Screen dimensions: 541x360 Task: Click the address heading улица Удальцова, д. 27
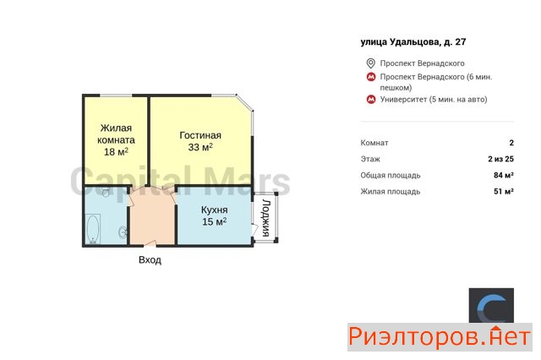[413, 42]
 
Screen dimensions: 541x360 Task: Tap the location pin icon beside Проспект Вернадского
[370, 63]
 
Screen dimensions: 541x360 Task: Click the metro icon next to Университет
[371, 100]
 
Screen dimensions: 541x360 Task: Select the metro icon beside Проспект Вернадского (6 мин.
[371, 77]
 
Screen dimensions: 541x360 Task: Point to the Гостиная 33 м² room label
[200, 141]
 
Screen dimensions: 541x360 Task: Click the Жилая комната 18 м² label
[116, 140]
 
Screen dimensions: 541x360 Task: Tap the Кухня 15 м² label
[214, 215]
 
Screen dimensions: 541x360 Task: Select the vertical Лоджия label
[266, 217]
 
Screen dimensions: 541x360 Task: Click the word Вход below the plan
[150, 259]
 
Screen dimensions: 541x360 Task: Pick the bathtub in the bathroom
[92, 229]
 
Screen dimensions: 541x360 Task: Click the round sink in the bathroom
[123, 232]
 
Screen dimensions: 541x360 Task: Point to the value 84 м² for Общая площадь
[504, 175]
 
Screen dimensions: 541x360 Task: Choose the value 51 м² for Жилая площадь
[504, 191]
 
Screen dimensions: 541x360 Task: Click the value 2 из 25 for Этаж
[500, 159]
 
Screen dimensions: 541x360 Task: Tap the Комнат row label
[374, 143]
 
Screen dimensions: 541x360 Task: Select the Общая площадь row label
[391, 175]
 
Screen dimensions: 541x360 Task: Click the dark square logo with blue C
[491, 306]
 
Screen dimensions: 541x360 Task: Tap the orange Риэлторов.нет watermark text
[440, 337]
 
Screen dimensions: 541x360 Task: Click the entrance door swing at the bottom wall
[150, 243]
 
